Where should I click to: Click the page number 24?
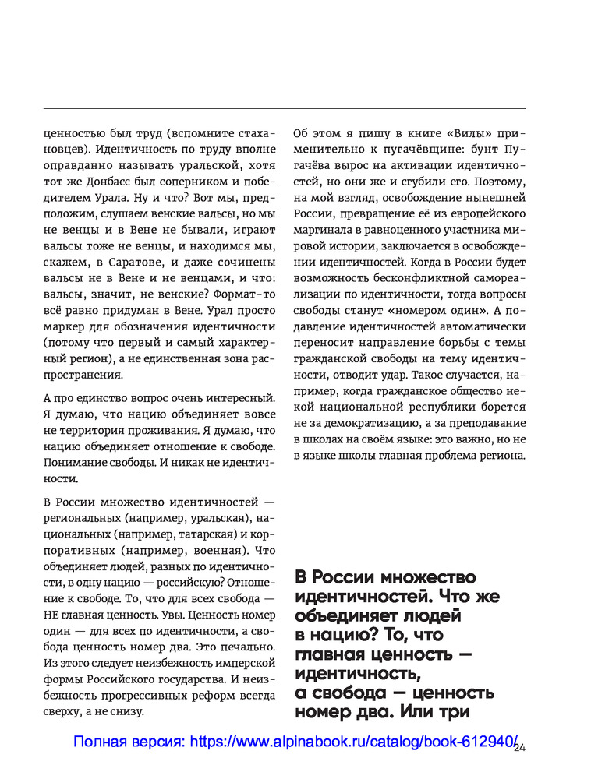521,749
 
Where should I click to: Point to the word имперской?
246,662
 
